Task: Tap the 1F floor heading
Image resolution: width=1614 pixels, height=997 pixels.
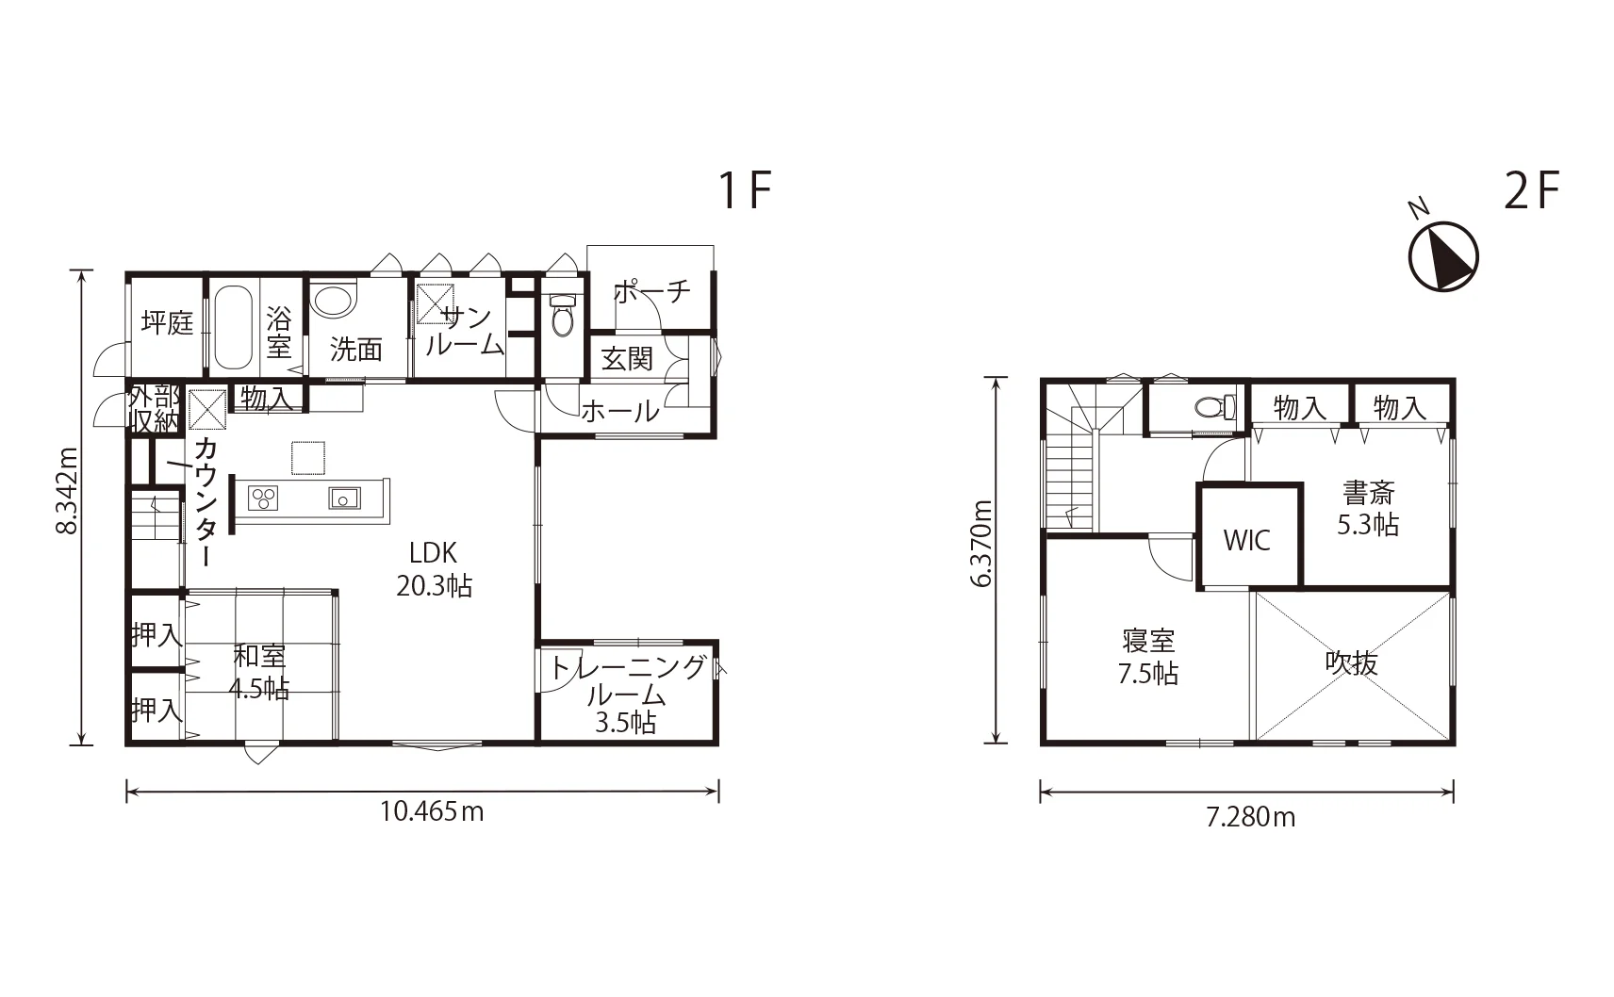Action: (x=746, y=190)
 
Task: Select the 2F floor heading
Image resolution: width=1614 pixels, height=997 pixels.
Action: (x=1531, y=190)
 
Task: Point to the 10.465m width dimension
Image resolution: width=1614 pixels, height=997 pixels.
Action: (x=432, y=812)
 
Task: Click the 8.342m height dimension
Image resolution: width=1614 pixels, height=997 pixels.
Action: (x=67, y=490)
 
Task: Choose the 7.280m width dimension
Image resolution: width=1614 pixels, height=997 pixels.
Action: (x=1251, y=817)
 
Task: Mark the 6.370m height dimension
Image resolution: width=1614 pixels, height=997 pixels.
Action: (x=981, y=544)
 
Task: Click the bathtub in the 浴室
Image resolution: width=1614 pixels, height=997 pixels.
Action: (x=234, y=328)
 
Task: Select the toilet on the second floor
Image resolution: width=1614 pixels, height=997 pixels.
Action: (x=1215, y=408)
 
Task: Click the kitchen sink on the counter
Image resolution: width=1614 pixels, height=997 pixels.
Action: (x=344, y=498)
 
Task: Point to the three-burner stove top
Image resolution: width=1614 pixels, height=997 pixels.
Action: (x=263, y=498)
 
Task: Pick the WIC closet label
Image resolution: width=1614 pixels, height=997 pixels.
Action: (x=1246, y=540)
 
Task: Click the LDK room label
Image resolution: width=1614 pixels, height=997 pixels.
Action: (x=433, y=552)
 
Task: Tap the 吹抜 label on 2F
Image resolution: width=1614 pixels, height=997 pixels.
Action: (x=1352, y=662)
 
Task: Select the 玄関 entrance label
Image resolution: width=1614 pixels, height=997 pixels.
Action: (x=627, y=358)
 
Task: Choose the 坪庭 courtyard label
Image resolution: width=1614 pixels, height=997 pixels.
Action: (x=167, y=322)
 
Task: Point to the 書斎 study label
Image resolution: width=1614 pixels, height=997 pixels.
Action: (x=1369, y=494)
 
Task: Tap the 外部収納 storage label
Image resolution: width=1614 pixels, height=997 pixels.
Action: (x=154, y=408)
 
